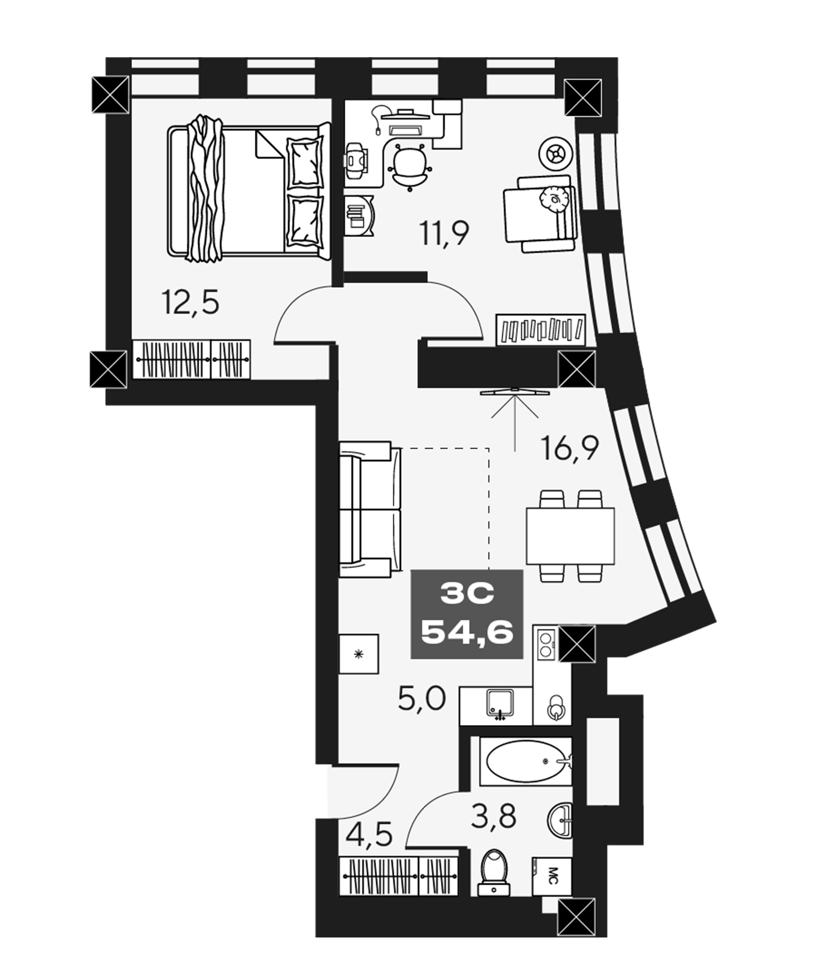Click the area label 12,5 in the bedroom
[x=190, y=303]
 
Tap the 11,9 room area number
[x=444, y=233]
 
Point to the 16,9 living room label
[x=570, y=447]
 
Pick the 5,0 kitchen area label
[x=422, y=698]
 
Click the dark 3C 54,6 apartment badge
[x=467, y=613]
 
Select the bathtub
[x=525, y=762]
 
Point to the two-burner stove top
[x=545, y=644]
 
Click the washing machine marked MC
[x=551, y=876]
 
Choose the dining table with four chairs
[x=570, y=536]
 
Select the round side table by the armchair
[x=556, y=154]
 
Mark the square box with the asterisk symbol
[x=359, y=653]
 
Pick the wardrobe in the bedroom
[x=191, y=359]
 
